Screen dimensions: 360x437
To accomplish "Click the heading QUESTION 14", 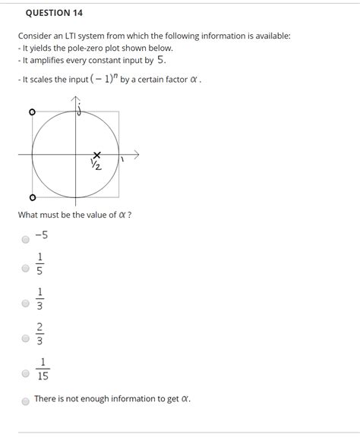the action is pyautogui.click(x=54, y=13).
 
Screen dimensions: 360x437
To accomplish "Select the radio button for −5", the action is pyautogui.click(x=26, y=239).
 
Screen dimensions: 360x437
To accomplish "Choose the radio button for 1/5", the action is pyautogui.click(x=26, y=269).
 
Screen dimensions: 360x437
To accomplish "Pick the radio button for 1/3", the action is pyautogui.click(x=26, y=303).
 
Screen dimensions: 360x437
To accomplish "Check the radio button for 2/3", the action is pyautogui.click(x=26, y=338).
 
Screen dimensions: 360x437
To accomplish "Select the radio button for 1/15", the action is pyautogui.click(x=26, y=373).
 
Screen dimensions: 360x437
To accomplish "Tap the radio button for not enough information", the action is pyautogui.click(x=26, y=401).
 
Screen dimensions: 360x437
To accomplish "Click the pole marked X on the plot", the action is pyautogui.click(x=97, y=154).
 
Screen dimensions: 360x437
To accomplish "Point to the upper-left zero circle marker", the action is pyautogui.click(x=32, y=112).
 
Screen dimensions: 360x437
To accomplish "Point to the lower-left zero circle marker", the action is pyautogui.click(x=32, y=199).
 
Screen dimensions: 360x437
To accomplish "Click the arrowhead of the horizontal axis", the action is pyautogui.click(x=137, y=154).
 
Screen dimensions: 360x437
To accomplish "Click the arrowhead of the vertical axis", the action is pyautogui.click(x=74, y=99).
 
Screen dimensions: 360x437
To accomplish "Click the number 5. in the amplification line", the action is pyautogui.click(x=161, y=59).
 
